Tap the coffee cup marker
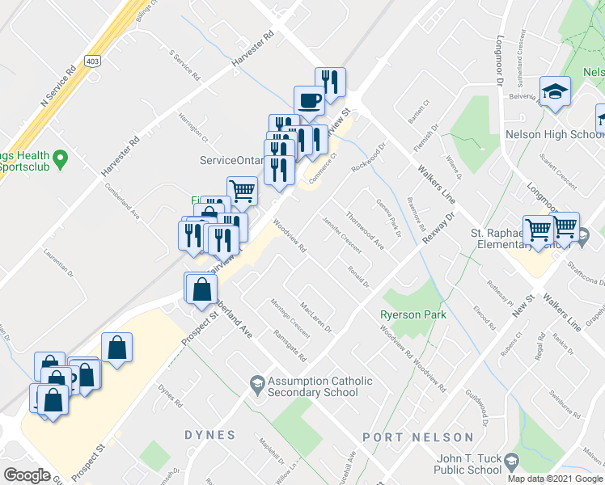click(309, 100)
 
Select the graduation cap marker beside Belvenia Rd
click(556, 91)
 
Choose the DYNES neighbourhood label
click(209, 435)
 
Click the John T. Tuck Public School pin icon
click(511, 461)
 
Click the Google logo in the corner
click(27, 474)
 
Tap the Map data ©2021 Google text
click(555, 479)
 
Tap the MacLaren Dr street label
click(315, 317)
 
